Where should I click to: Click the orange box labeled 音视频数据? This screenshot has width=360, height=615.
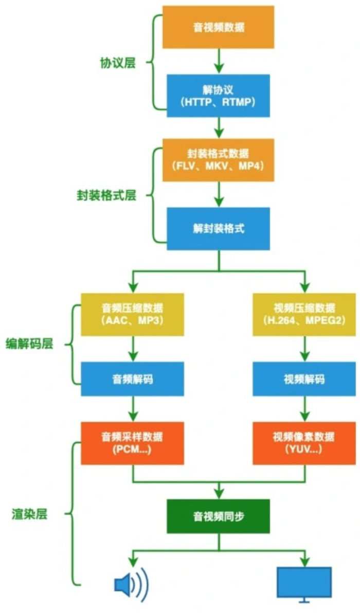218,27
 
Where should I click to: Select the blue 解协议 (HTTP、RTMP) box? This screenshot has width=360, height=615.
218,96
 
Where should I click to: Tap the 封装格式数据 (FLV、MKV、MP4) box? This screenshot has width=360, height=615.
218,159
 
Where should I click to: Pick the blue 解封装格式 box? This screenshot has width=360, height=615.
218,229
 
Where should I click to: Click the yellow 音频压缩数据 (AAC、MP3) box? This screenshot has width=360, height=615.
133,315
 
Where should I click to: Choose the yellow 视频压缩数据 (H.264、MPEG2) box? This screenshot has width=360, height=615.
304,315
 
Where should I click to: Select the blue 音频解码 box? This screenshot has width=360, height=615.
133,379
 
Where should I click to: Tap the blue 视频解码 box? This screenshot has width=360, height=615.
304,379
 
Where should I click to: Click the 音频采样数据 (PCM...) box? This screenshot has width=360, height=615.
133,443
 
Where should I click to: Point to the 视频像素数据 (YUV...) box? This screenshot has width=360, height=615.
304,443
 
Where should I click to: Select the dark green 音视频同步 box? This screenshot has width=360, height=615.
218,516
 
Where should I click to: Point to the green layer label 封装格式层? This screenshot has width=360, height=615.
106,195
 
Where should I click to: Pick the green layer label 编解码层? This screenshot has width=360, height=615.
29,345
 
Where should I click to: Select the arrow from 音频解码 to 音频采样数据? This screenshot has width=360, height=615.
133,409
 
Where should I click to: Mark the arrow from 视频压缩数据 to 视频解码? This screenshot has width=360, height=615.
304,349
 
